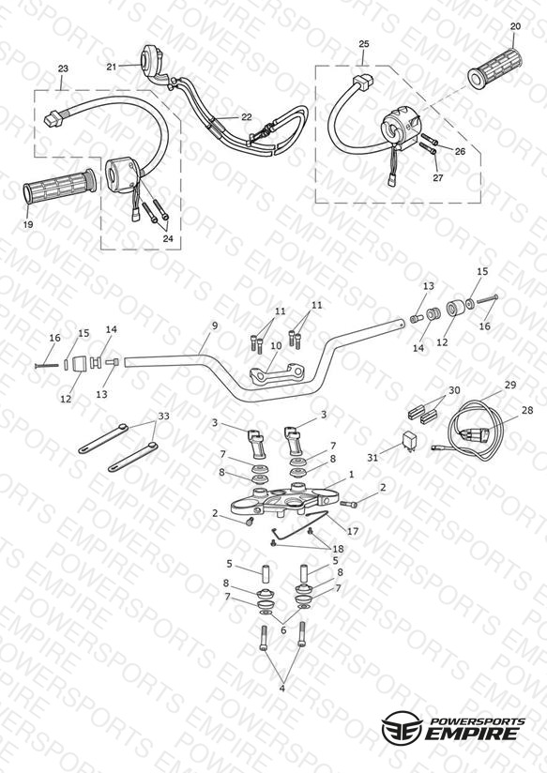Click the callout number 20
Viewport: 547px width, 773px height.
515,26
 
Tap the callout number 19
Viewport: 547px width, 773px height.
28,224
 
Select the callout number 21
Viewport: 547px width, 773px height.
112,66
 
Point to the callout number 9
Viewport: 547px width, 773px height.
215,326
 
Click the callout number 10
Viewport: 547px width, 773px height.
276,345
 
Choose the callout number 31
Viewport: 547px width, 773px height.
372,458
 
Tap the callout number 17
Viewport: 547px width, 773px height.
353,531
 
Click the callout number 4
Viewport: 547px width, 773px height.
282,689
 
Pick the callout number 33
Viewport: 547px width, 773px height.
163,417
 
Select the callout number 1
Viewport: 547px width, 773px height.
351,475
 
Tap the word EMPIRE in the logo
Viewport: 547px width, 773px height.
472,733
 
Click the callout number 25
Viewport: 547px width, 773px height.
363,44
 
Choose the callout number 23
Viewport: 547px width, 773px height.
63,68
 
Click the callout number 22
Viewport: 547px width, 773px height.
247,117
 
